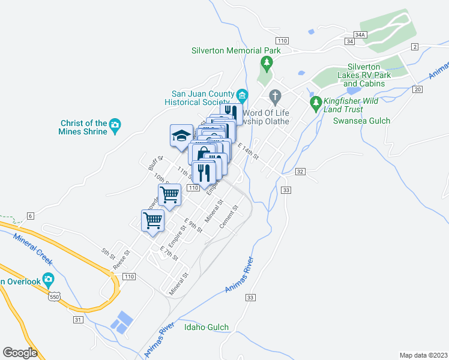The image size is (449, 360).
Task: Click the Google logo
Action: pos(20,353)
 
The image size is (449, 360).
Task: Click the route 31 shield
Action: pos(78,319)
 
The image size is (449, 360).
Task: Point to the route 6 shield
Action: pos(31,215)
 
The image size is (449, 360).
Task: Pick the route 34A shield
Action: pos(360,35)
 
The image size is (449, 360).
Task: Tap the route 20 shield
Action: pos(418,89)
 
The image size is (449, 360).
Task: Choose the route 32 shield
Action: pos(300,172)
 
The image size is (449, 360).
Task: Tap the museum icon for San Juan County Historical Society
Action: pos(242,95)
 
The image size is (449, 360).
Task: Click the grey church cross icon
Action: pos(275,95)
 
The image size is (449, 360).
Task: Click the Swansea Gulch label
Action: pos(361,121)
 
